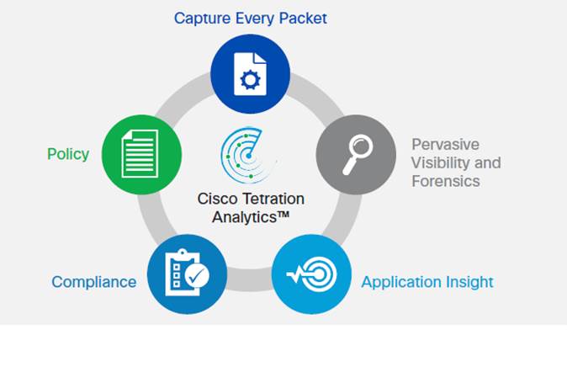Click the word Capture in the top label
(202, 19)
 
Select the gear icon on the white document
(250, 80)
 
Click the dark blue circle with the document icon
(250, 74)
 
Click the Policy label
(68, 155)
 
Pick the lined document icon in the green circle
(140, 154)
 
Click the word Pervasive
(446, 145)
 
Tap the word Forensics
(446, 181)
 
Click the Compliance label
(94, 282)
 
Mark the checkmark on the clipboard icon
(197, 276)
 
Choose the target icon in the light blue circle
(312, 274)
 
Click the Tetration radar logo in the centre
(246, 155)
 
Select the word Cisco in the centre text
(217, 199)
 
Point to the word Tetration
(273, 199)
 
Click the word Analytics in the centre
(245, 217)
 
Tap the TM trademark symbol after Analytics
(283, 215)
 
